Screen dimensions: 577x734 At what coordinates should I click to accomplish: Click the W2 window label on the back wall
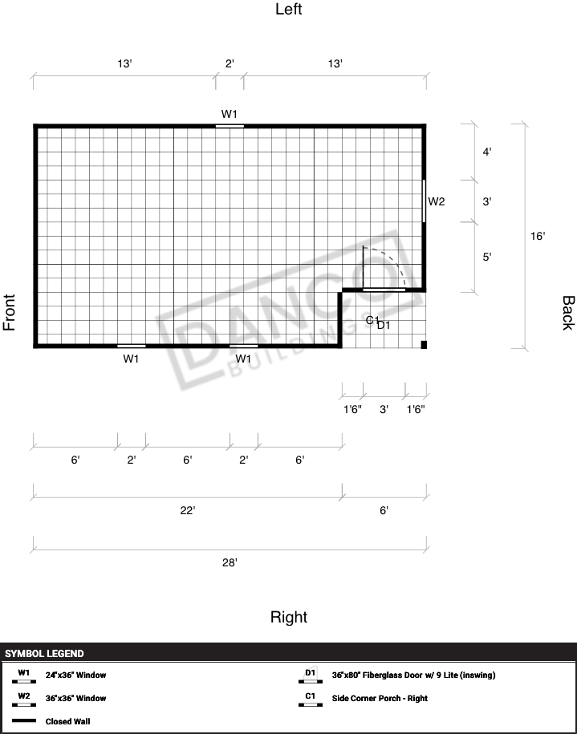pyautogui.click(x=437, y=202)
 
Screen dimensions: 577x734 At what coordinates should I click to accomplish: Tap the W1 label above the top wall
pyautogui.click(x=229, y=114)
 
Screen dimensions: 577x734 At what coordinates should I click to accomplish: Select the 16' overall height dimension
pyautogui.click(x=538, y=236)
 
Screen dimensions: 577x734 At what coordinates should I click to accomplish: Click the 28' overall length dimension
pyautogui.click(x=230, y=562)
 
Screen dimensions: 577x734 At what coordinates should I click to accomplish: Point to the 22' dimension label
pyautogui.click(x=187, y=510)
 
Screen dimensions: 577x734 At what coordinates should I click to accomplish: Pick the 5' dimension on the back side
pyautogui.click(x=487, y=257)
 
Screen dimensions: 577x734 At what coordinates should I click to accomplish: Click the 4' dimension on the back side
pyautogui.click(x=487, y=152)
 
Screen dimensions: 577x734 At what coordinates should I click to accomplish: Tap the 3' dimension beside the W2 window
pyautogui.click(x=487, y=202)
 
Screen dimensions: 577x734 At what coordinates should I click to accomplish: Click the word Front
pyautogui.click(x=10, y=312)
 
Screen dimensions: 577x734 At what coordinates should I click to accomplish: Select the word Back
pyautogui.click(x=567, y=313)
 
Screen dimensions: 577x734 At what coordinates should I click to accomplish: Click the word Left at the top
pyautogui.click(x=289, y=10)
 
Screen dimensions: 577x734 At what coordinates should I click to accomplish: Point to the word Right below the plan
pyautogui.click(x=289, y=617)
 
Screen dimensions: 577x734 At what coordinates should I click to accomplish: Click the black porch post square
pyautogui.click(x=424, y=345)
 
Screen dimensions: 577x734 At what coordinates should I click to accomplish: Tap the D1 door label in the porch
pyautogui.click(x=384, y=325)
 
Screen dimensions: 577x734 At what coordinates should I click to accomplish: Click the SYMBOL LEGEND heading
pyautogui.click(x=44, y=654)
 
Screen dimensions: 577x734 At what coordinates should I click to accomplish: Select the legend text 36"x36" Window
pyautogui.click(x=76, y=698)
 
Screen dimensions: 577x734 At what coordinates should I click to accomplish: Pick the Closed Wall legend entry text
pyautogui.click(x=68, y=721)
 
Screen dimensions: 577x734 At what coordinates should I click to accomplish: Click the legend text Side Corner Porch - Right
pyautogui.click(x=380, y=698)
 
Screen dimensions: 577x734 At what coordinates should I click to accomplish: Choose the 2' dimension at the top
pyautogui.click(x=230, y=63)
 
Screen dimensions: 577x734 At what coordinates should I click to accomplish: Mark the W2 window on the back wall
pyautogui.click(x=424, y=201)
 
